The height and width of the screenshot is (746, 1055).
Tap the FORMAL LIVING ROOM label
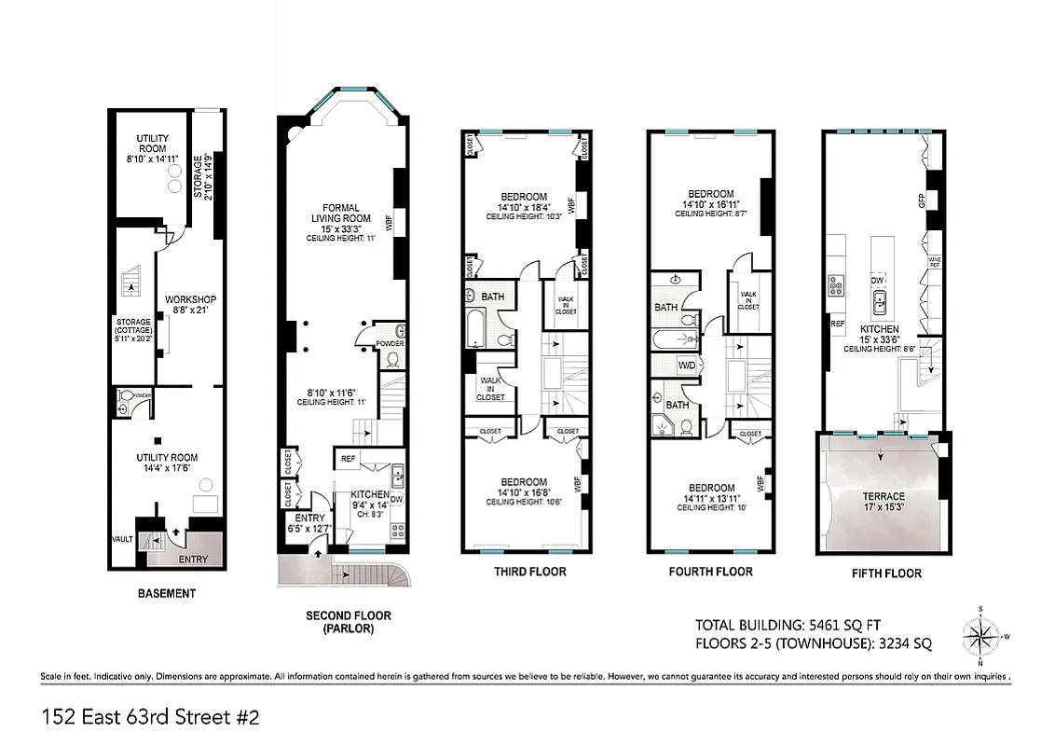[x=341, y=214]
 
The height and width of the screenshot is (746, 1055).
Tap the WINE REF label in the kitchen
[x=935, y=264]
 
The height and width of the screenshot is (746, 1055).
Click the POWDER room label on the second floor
[x=390, y=343]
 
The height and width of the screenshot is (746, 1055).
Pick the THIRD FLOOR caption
[x=529, y=572]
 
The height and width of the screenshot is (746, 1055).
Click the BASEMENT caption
[x=166, y=593]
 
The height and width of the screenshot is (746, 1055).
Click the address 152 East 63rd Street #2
[x=149, y=717]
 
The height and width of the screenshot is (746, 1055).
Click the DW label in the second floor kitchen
[x=396, y=500]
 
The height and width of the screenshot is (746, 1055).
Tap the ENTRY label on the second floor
[x=309, y=518]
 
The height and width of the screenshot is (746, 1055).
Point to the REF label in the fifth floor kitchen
[x=838, y=324]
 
